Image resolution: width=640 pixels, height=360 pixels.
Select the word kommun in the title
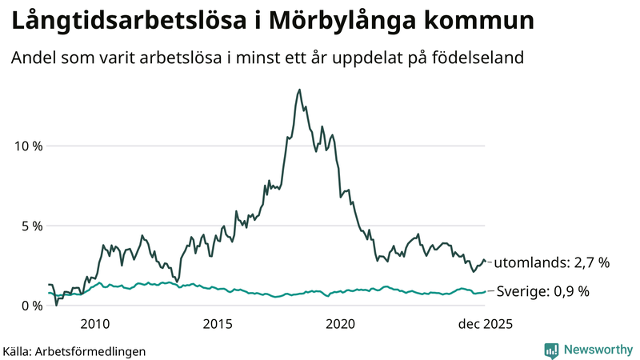[x=482, y=22]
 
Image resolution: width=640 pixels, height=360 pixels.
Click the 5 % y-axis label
[x=32, y=226]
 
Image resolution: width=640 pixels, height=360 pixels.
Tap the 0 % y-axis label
[x=32, y=306]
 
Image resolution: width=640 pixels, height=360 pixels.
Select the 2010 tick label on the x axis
[x=94, y=324]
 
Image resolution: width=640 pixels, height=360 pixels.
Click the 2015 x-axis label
[x=218, y=324]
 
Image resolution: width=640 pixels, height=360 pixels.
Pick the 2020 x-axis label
[x=341, y=324]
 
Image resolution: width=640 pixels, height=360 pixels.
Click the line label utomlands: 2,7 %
[x=552, y=262]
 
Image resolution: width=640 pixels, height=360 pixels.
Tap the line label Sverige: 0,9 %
[x=543, y=292]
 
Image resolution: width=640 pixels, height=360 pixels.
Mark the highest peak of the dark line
[x=299, y=90]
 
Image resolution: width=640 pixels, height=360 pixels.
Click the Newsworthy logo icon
[x=551, y=350]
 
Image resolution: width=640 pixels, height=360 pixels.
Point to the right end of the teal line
[x=486, y=292]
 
